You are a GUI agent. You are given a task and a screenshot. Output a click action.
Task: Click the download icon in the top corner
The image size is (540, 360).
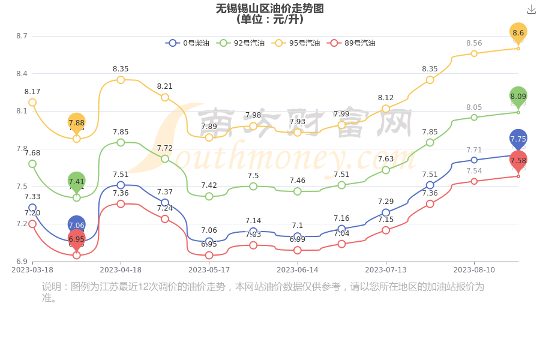pyautogui.click(x=531, y=10)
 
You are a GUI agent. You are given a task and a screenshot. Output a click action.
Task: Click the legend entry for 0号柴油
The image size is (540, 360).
pyautogui.click(x=188, y=43)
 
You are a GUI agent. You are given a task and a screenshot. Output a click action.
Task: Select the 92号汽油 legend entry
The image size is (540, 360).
pyautogui.click(x=242, y=43)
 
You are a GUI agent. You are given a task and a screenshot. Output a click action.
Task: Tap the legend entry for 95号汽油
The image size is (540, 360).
pyautogui.click(x=297, y=43)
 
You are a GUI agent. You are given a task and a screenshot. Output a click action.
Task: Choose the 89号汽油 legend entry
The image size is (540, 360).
pyautogui.click(x=352, y=43)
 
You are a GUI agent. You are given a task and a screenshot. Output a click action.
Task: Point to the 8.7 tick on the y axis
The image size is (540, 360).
pyautogui.click(x=22, y=36)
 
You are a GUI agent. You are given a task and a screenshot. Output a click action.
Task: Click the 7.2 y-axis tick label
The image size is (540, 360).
pyautogui.click(x=22, y=224)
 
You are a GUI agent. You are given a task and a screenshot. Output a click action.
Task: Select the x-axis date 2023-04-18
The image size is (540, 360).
pyautogui.click(x=121, y=270)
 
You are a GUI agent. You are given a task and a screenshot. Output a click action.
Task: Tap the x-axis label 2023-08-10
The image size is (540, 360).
pyautogui.click(x=474, y=270)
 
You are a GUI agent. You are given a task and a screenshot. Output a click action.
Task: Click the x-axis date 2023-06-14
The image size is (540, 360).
pyautogui.click(x=298, y=270)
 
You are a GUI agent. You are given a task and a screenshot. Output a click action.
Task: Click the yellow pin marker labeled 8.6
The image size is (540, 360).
pyautogui.click(x=518, y=32)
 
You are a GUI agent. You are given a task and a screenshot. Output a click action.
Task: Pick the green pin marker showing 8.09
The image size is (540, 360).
pyautogui.click(x=518, y=96)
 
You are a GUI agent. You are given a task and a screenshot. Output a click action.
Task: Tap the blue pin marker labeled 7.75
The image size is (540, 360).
pyautogui.click(x=518, y=139)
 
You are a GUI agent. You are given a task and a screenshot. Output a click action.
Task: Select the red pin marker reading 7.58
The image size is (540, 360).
pyautogui.click(x=518, y=160)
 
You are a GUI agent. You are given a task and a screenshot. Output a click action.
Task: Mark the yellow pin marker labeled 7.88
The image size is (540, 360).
pyautogui.click(x=76, y=122)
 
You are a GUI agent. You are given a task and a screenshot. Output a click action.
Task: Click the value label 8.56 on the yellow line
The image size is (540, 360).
pyautogui.click(x=474, y=43)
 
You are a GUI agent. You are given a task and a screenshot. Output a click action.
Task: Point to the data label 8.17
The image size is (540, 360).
pyautogui.click(x=32, y=92)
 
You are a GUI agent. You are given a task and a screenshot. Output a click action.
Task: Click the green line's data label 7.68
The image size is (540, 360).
pyautogui.click(x=32, y=153)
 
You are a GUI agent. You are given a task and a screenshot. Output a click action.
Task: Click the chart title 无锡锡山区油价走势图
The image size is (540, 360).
pyautogui.click(x=269, y=8)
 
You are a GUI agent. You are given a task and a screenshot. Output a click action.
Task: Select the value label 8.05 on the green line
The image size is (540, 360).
pyautogui.click(x=474, y=107)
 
